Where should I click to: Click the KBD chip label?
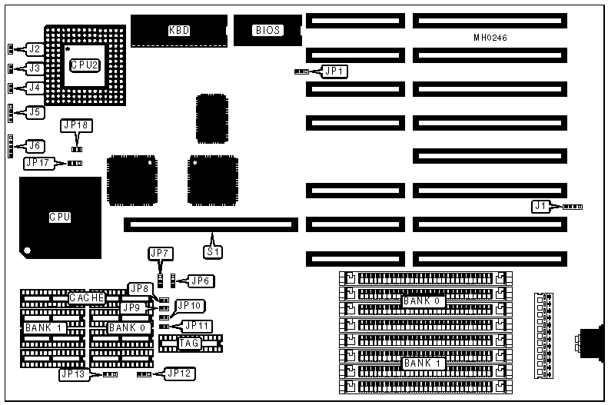[x=179, y=31]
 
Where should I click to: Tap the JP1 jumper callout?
[x=335, y=71]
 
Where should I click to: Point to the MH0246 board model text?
[x=490, y=38]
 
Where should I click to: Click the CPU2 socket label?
[x=85, y=65]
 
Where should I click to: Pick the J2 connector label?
[x=33, y=49]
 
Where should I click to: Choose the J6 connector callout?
[x=35, y=145]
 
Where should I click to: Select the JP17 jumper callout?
[x=38, y=163]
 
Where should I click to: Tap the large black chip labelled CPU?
[x=60, y=217]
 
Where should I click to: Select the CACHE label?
[x=87, y=297]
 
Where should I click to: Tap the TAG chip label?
[x=189, y=343]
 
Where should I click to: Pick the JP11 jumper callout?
[x=198, y=326]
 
